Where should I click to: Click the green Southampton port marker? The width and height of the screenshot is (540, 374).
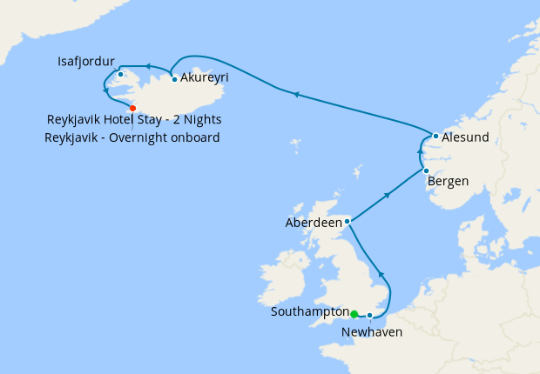pyautogui.click(x=354, y=314)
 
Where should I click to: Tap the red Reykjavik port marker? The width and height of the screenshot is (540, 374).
pyautogui.click(x=132, y=108)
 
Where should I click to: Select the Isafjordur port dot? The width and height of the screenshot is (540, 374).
pyautogui.click(x=120, y=74)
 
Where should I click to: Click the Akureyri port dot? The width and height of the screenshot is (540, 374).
pyautogui.click(x=175, y=79)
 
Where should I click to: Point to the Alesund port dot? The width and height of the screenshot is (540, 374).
pyautogui.click(x=435, y=136)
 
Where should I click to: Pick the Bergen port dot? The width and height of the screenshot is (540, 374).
pyautogui.click(x=426, y=170)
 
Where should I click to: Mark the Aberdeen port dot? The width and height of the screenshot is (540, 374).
pyautogui.click(x=347, y=222)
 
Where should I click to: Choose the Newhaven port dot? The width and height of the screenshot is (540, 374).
pyautogui.click(x=370, y=315)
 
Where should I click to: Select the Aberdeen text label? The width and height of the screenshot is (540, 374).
pyautogui.click(x=314, y=223)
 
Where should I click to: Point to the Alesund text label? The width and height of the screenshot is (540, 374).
pyautogui.click(x=465, y=137)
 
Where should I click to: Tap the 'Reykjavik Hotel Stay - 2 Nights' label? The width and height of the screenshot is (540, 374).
pyautogui.click(x=134, y=119)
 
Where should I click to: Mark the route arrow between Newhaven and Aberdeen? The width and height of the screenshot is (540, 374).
pyautogui.click(x=381, y=275)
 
